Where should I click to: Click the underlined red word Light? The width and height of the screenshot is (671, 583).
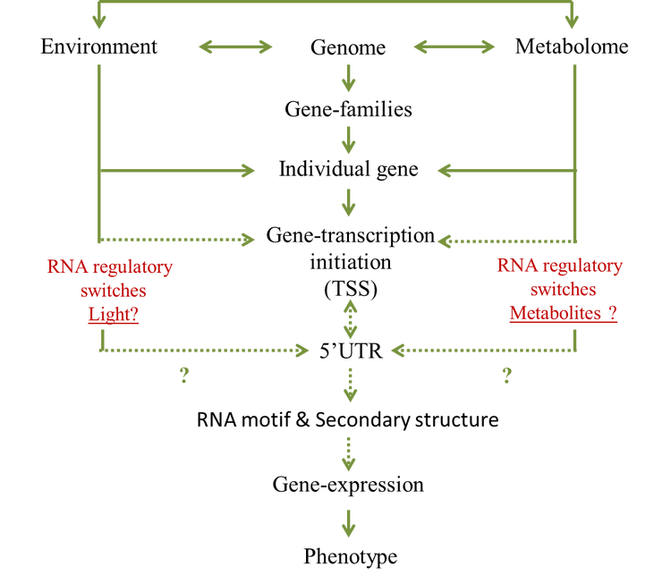(x=113, y=315)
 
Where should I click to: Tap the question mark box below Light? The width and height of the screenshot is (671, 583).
(x=184, y=376)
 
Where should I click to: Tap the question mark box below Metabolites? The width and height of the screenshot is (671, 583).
(x=506, y=376)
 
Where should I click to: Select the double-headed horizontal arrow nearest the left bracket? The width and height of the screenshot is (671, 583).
(x=235, y=46)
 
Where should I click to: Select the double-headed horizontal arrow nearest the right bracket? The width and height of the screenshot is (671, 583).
(x=454, y=46)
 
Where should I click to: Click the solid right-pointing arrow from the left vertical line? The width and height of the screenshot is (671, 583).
(x=179, y=170)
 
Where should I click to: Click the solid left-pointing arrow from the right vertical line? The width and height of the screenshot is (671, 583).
(x=505, y=170)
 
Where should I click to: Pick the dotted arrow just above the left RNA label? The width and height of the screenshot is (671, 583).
(x=179, y=240)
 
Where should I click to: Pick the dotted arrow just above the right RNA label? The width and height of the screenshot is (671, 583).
(x=505, y=240)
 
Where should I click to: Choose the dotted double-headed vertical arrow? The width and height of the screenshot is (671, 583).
(x=349, y=320)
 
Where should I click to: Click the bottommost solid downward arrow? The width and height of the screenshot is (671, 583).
(x=349, y=524)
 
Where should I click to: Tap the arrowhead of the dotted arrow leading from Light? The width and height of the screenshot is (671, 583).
(x=303, y=351)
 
